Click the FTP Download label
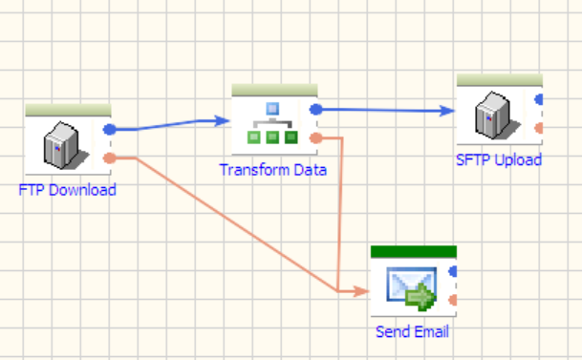pos(67,190)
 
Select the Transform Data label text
pos(273,170)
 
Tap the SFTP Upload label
pos(499,159)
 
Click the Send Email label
pos(412,331)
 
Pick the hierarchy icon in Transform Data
pos(272,123)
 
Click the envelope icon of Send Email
pos(411,288)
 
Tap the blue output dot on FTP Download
pos(110,130)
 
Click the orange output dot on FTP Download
pos(110,159)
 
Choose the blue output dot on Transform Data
pos(316,110)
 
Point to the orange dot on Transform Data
pos(316,138)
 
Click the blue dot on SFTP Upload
pos(539,99)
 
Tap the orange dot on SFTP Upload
pos(539,128)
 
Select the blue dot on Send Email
pos(453,271)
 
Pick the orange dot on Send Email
pos(453,300)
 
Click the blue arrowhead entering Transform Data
pos(223,121)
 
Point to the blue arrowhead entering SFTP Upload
pos(447,111)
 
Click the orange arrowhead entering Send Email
pos(361,291)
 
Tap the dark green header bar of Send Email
pos(414,251)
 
